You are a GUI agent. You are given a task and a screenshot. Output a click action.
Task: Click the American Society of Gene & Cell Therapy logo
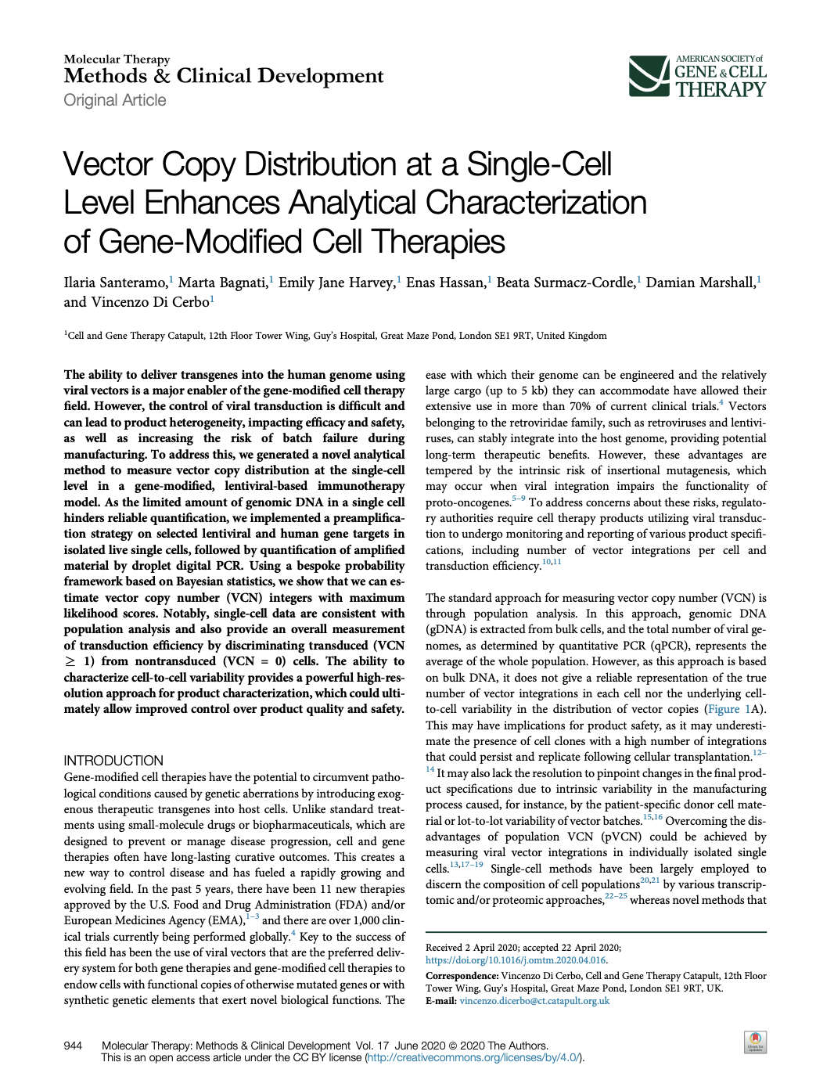point(697,76)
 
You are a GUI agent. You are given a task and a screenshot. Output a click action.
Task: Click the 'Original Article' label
point(115,100)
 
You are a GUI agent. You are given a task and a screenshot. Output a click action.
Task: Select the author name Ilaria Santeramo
point(115,283)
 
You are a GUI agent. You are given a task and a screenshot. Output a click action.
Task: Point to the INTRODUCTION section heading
point(113,761)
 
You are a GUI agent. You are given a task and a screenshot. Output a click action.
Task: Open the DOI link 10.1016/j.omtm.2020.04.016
point(516,960)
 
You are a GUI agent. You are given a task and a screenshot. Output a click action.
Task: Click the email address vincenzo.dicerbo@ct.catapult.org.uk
point(534,1001)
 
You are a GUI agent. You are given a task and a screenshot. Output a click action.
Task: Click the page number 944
point(73,1046)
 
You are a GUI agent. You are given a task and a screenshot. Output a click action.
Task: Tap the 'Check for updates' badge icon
point(755,1042)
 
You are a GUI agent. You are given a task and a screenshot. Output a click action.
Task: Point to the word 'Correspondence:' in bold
point(462,976)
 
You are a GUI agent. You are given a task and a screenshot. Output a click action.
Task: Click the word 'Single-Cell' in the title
point(539,165)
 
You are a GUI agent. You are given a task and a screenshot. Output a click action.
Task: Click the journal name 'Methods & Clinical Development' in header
point(224,76)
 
